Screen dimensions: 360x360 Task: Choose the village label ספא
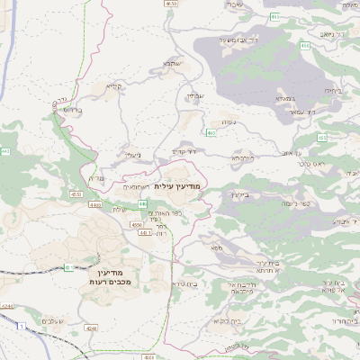[216, 245]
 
